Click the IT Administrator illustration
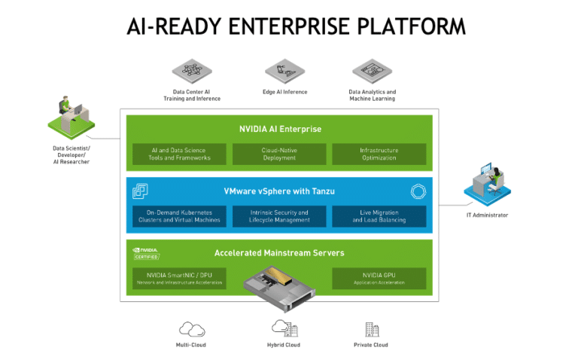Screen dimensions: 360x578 [485, 185]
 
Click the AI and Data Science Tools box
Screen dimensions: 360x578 [179, 154]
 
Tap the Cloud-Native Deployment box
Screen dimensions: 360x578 [279, 154]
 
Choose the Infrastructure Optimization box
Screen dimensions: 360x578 [379, 154]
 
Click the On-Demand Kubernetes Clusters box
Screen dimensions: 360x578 [179, 216]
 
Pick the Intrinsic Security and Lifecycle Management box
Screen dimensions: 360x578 [279, 216]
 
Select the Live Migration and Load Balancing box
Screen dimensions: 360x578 [379, 216]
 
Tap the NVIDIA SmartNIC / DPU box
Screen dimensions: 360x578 [179, 279]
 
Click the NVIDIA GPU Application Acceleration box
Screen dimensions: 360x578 [379, 279]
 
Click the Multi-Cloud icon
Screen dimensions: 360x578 [191, 328]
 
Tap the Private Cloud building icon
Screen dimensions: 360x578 [371, 328]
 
